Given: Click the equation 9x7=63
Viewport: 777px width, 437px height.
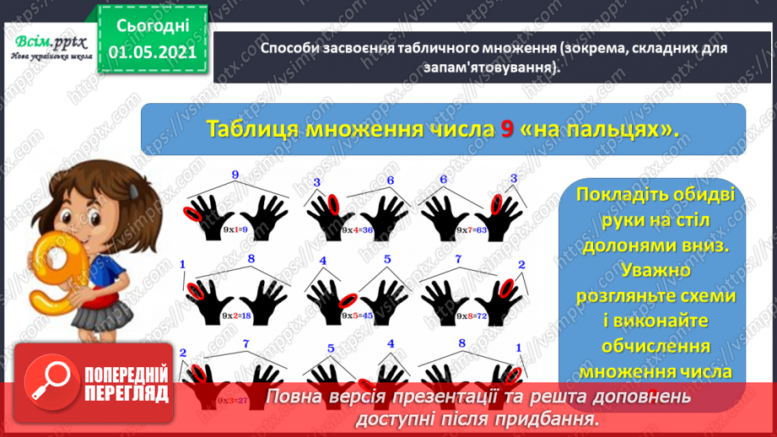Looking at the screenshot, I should (470, 229).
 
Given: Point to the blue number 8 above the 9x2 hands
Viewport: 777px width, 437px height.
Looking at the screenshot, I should (251, 258).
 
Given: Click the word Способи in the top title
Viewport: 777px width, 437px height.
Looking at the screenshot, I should (290, 50).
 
